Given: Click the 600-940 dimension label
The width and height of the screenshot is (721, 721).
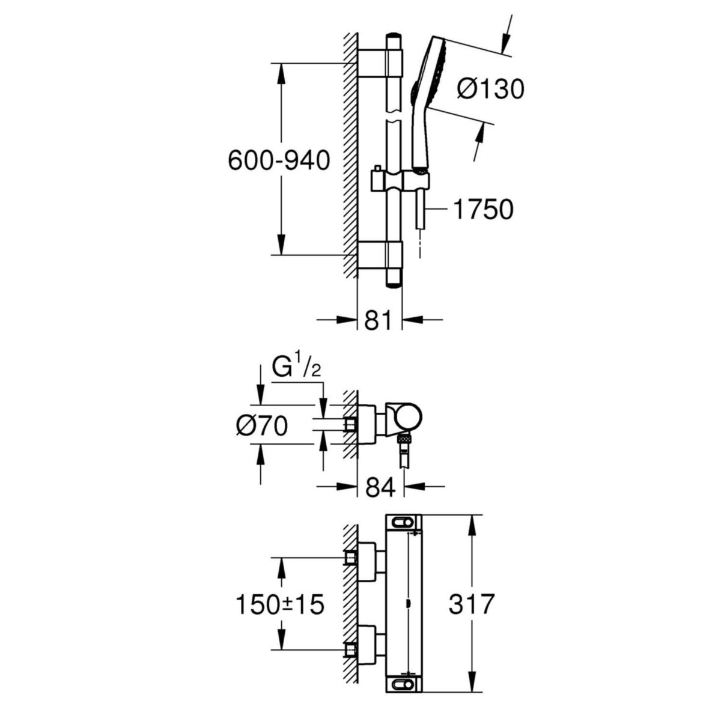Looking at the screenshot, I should [x=279, y=160].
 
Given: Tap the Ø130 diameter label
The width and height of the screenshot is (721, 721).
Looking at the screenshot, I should [x=490, y=89].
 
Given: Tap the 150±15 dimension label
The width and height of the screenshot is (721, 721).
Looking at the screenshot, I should [x=279, y=604].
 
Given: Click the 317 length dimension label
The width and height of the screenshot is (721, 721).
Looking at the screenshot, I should [x=472, y=604].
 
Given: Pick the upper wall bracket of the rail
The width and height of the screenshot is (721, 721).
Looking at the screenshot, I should [x=381, y=63].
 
